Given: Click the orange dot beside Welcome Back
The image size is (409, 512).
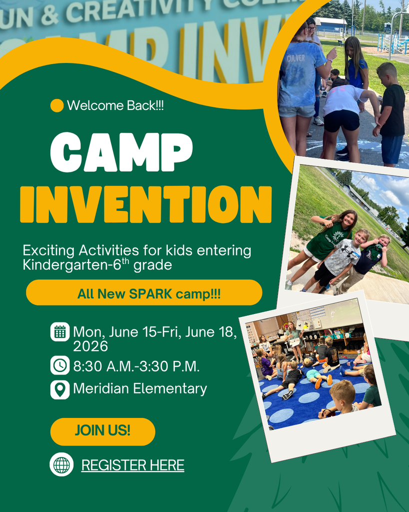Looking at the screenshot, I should tap(57, 105).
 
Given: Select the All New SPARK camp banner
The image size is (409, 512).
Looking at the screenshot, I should tap(144, 293).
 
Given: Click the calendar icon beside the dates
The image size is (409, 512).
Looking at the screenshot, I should tap(60, 332).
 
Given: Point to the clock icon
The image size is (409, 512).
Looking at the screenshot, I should tap(60, 365).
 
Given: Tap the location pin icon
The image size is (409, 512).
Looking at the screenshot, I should tap(60, 389).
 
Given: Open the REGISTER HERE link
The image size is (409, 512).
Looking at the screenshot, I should tap(133, 465).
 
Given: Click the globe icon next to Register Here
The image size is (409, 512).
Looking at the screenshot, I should tap(61, 464).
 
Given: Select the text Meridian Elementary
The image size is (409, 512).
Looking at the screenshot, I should tap(140, 388).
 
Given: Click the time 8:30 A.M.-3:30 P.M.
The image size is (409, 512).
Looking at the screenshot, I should tap(136, 366).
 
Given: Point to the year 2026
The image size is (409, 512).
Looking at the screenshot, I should tap(90, 346).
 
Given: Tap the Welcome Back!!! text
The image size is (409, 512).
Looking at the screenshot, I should tap(115, 105).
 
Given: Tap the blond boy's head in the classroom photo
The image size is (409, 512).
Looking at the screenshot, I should tap(342, 390).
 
